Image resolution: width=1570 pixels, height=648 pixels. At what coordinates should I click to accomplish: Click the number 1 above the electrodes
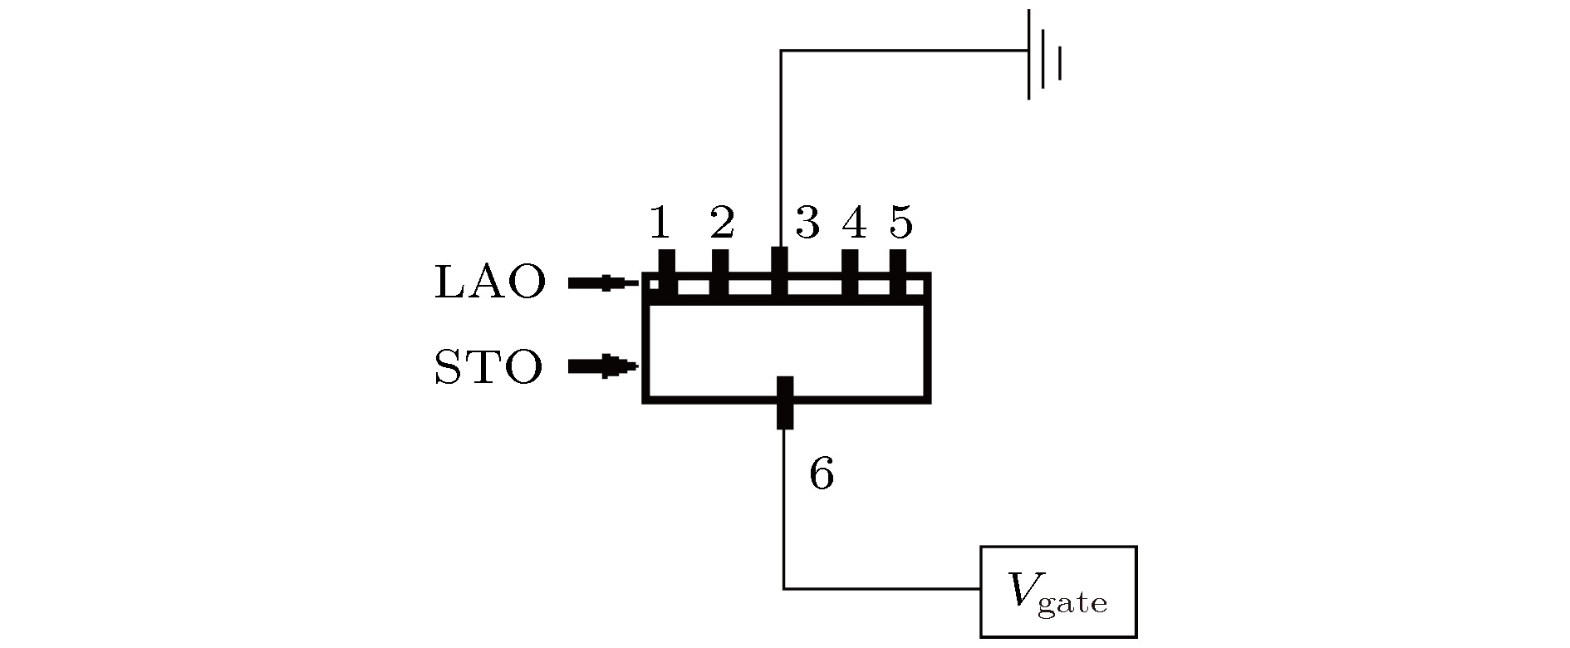[x=660, y=223]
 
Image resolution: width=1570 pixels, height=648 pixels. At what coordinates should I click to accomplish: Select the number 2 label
[x=722, y=223]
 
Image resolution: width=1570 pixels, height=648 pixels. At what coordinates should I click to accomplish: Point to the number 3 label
[x=807, y=223]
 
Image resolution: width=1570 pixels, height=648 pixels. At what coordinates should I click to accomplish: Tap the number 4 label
[x=855, y=223]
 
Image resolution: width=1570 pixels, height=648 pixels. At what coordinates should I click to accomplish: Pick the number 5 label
[x=901, y=223]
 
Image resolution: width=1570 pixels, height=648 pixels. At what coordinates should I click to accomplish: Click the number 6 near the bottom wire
[x=822, y=474]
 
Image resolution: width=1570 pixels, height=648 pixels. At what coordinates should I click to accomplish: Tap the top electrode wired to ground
[x=779, y=273]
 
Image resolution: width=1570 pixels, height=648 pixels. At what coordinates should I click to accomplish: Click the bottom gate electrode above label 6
[x=785, y=403]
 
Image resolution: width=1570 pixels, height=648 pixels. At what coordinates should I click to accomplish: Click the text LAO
[x=490, y=283]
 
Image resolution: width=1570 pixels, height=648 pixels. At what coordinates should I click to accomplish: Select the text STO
[x=489, y=367]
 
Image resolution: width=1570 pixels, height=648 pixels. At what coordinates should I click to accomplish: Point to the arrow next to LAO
[x=603, y=283]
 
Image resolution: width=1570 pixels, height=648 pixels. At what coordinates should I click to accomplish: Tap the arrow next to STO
[x=603, y=366]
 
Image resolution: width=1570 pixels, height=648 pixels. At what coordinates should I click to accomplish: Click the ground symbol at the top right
[x=1044, y=55]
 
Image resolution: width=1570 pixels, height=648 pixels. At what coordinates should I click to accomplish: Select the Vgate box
[x=1058, y=592]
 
